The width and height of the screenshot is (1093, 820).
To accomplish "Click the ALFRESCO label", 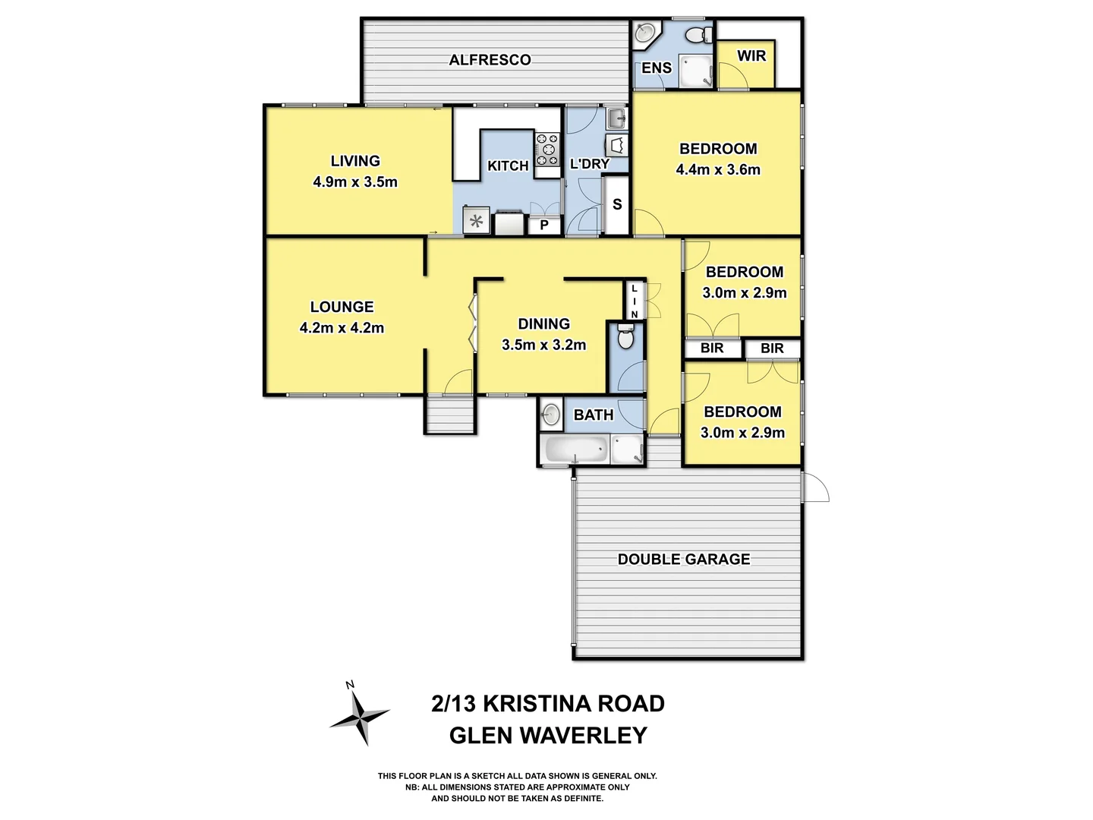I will [x=490, y=60].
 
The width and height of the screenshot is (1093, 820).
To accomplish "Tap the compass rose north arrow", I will [x=359, y=714].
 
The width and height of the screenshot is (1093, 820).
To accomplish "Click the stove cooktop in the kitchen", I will [x=547, y=150].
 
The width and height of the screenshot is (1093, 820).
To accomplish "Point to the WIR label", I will [x=751, y=55].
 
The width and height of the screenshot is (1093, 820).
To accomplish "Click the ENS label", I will [x=657, y=68].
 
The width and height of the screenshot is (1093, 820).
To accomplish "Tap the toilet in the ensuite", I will [x=697, y=35].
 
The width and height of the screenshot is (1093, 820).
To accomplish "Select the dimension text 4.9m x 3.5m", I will [x=355, y=182].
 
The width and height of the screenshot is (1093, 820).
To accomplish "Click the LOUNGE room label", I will [x=342, y=307].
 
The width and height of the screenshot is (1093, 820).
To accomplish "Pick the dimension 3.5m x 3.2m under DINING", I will [x=543, y=345].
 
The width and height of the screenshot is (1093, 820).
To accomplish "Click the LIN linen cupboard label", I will [x=635, y=301].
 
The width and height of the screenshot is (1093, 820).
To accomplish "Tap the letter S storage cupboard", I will [x=617, y=204].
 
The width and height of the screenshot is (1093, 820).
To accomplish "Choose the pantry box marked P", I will [x=544, y=225].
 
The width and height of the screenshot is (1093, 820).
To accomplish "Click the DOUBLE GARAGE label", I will [x=683, y=560].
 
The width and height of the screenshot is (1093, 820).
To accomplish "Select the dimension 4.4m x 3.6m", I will [x=718, y=170].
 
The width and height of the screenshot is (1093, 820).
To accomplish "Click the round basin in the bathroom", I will [x=551, y=415].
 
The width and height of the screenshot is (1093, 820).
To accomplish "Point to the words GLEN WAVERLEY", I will [x=548, y=736].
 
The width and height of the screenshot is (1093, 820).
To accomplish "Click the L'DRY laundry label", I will [x=590, y=164].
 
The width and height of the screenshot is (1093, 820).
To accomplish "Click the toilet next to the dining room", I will [x=625, y=337].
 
